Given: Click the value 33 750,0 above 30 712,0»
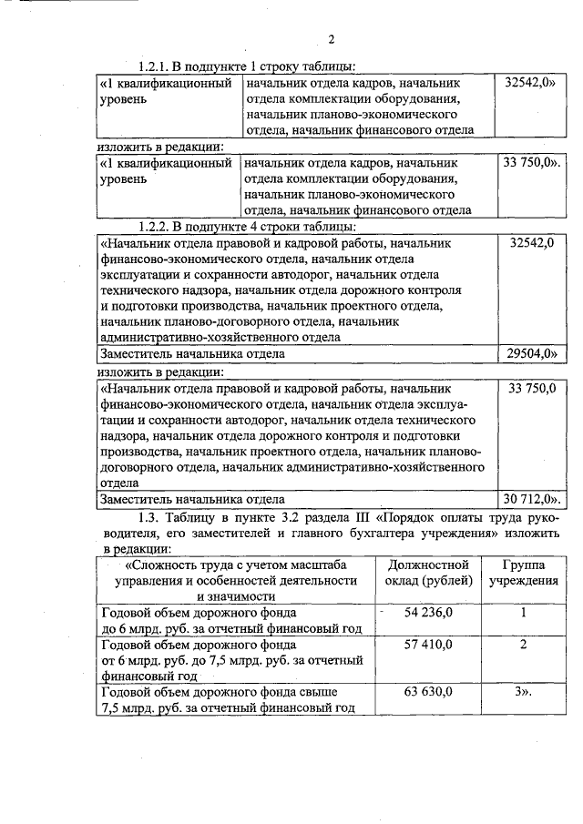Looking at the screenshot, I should coord(532,388).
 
